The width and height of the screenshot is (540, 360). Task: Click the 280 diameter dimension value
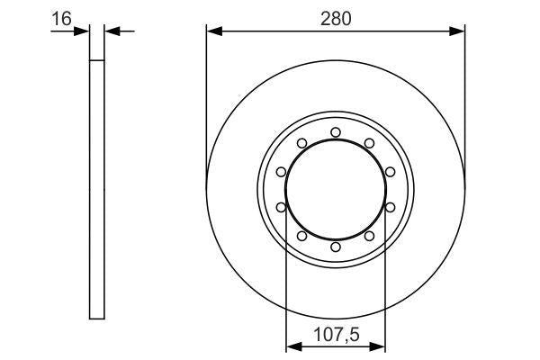(335, 15)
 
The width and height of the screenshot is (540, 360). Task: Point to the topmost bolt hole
(335, 133)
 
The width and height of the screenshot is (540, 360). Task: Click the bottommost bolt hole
(335, 247)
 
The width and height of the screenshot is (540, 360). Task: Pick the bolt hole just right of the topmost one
(369, 143)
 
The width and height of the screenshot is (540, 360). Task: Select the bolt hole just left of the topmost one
(301, 143)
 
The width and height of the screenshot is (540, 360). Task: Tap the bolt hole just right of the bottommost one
(369, 237)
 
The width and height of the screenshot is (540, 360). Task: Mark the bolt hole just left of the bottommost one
(301, 237)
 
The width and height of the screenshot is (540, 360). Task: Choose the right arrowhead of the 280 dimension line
(459, 31)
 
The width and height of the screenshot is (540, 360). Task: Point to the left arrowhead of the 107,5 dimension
(291, 346)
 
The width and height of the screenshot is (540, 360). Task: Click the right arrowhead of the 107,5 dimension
(380, 346)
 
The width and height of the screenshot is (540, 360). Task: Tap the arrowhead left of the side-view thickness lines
(84, 31)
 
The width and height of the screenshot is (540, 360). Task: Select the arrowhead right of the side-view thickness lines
(112, 31)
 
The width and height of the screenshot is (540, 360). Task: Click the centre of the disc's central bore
(335, 190)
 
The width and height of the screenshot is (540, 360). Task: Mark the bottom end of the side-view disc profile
(97, 318)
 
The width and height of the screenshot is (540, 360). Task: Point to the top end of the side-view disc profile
(97, 60)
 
